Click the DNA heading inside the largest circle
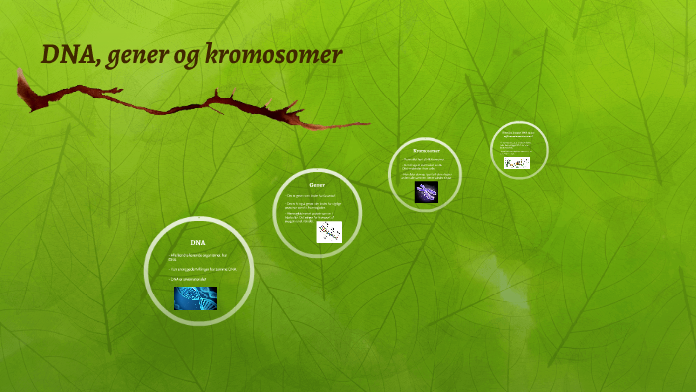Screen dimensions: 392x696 point(197,242)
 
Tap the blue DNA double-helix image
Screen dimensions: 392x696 point(195,297)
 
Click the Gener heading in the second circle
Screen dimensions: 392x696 point(317,185)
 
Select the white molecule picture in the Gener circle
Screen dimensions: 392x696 point(328,232)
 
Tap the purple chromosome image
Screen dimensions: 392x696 point(427,191)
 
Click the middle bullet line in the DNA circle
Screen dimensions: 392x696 point(201,268)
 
